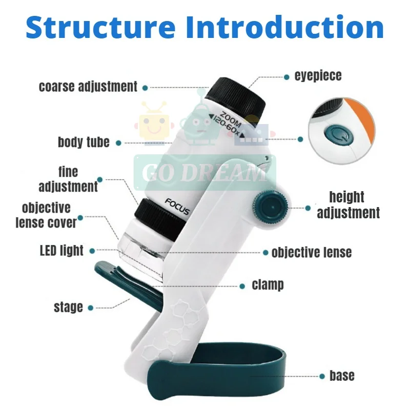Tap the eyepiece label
318,76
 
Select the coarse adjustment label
88,87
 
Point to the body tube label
84,142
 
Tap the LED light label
61,251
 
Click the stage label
68,307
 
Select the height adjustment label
348,204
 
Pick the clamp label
268,284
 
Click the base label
342,376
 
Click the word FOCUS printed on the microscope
177,207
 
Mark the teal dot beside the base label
322,376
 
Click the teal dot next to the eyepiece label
286,77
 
